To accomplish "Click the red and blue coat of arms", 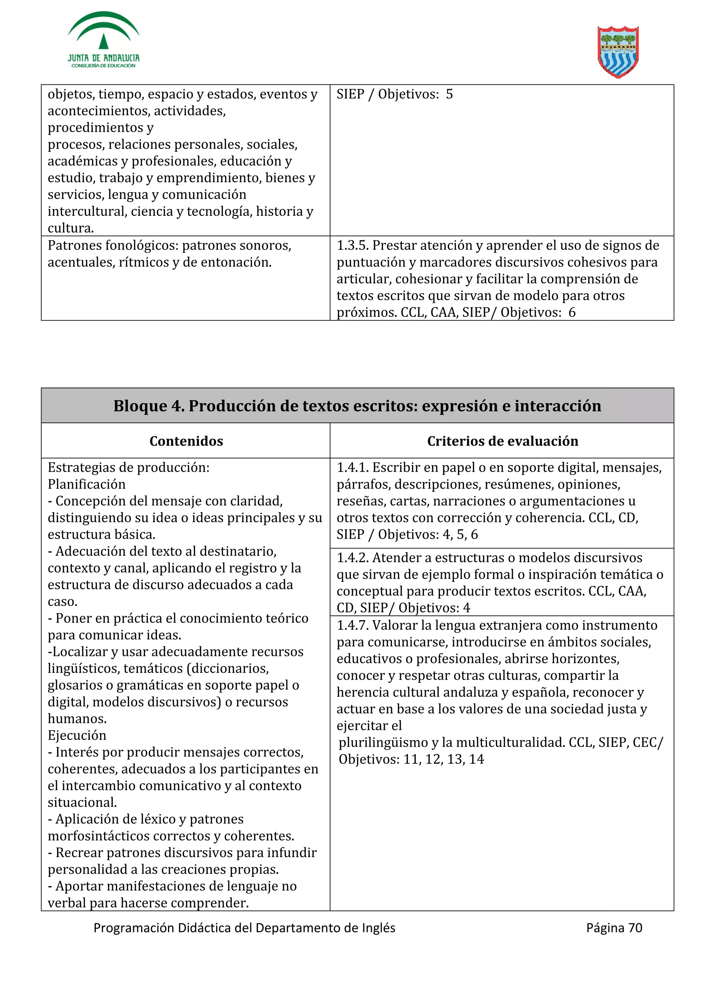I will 618,52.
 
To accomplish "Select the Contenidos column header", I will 186,441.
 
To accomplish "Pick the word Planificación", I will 86,484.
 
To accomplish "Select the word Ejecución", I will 77,735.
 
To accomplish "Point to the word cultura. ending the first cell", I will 71,228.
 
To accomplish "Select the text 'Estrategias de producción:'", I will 128,468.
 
